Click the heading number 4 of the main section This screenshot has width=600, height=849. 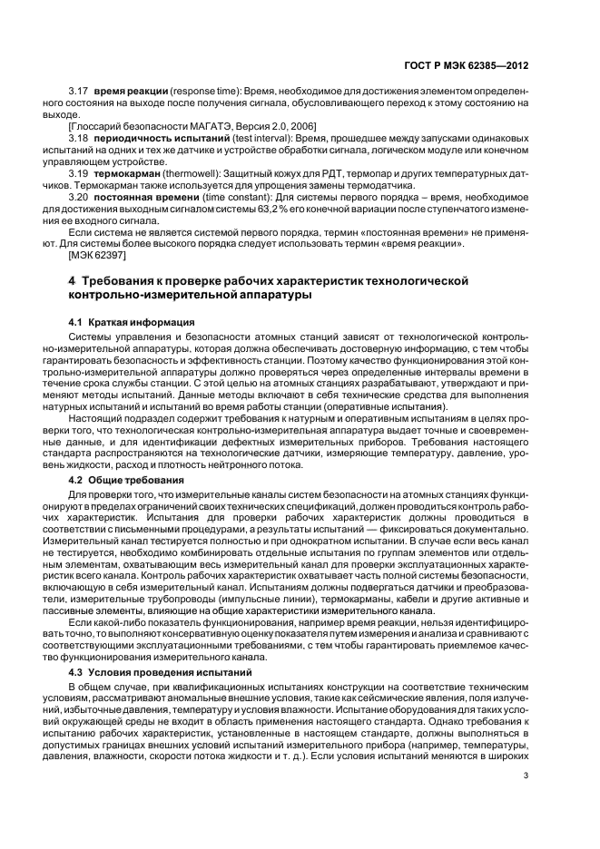[x=73, y=281]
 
